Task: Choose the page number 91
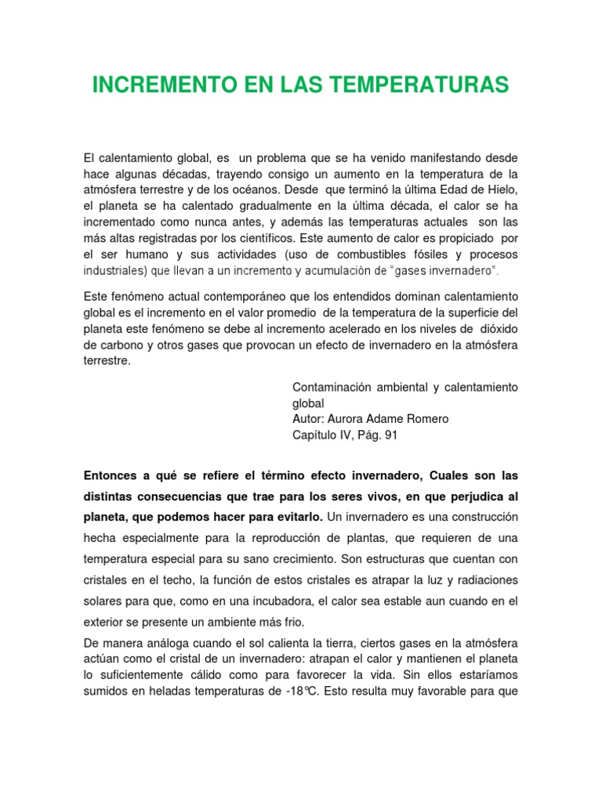click(x=390, y=435)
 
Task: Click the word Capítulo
click(x=314, y=435)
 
